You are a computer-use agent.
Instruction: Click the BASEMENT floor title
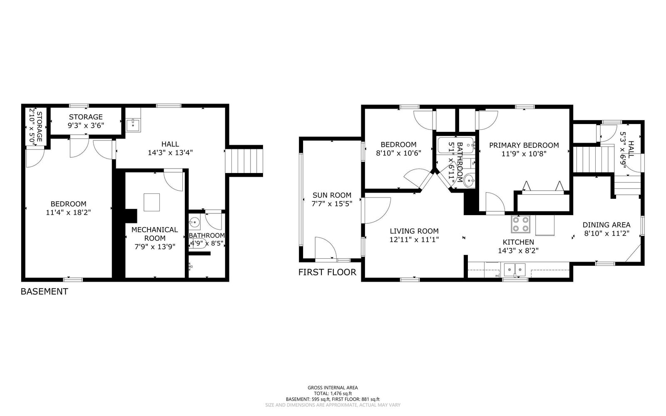tap(44, 292)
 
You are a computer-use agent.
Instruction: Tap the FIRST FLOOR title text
tap(327, 272)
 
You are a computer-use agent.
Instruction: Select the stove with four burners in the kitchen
tap(521, 224)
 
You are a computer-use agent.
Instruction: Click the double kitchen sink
tap(515, 270)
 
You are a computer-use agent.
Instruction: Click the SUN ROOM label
tap(332, 195)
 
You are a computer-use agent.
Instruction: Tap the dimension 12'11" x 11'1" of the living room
tap(414, 240)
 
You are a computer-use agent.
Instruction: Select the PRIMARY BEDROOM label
tap(524, 145)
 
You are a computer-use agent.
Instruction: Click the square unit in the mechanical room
tap(152, 202)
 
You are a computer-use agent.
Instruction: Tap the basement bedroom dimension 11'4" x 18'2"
tap(69, 212)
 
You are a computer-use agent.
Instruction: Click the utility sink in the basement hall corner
tap(133, 124)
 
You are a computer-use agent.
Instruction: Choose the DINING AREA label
tap(606, 225)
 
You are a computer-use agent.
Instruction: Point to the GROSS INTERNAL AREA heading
tap(333, 387)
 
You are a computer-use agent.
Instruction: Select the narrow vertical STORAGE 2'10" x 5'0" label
tap(36, 127)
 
